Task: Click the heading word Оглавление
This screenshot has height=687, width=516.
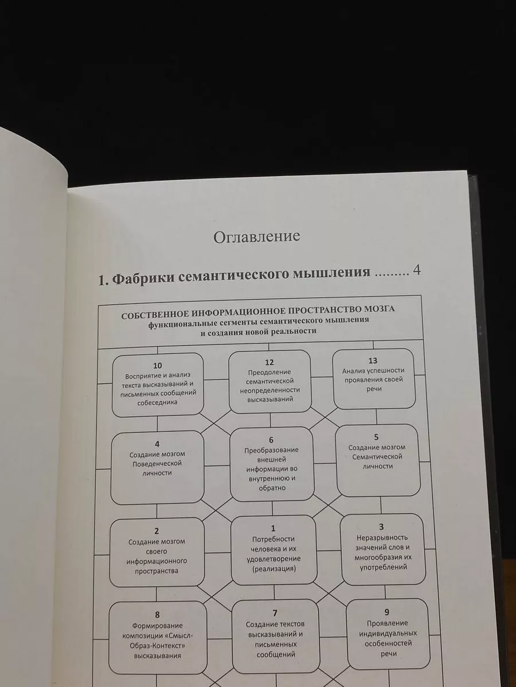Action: (257, 237)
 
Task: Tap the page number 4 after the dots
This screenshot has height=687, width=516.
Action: (417, 270)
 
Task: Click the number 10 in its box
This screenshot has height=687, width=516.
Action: (157, 366)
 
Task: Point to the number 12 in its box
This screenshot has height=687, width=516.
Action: (269, 362)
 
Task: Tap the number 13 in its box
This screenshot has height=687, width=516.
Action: (373, 361)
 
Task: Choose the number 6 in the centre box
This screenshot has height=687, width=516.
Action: (271, 440)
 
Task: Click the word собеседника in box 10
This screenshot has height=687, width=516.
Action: (157, 402)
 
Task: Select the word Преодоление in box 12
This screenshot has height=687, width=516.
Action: (269, 372)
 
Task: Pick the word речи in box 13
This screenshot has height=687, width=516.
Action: (374, 389)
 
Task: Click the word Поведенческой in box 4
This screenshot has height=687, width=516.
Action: (157, 464)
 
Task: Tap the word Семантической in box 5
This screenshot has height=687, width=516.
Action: (377, 457)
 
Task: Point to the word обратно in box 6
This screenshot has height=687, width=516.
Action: (272, 488)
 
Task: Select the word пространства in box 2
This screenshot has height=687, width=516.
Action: (157, 571)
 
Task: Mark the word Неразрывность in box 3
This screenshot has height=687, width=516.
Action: (382, 538)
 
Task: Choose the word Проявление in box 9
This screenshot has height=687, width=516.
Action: (387, 623)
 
